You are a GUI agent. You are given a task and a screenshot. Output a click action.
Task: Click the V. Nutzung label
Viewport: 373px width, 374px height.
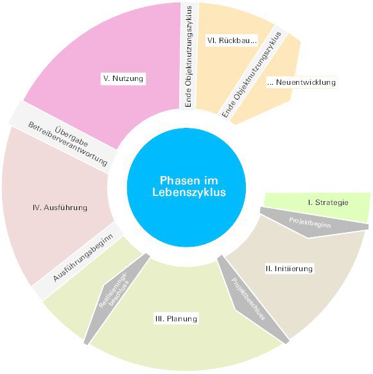123,78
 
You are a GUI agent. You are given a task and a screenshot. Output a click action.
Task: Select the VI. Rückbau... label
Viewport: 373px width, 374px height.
232,40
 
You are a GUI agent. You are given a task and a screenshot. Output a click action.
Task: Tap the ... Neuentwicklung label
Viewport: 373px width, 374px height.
302,82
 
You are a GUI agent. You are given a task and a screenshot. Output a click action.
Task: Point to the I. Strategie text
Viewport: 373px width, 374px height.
328,202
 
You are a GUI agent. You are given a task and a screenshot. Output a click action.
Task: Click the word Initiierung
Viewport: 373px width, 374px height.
293,269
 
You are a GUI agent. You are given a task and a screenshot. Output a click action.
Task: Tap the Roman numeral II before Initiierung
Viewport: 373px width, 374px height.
268,269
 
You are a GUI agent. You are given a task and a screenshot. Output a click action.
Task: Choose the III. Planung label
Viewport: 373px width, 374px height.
176,319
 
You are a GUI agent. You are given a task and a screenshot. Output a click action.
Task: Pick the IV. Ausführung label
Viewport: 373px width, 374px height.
60,208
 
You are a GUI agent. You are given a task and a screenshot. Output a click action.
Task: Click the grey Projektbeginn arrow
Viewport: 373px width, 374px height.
312,222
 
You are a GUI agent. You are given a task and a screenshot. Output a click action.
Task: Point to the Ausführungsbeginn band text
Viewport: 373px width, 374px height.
83,258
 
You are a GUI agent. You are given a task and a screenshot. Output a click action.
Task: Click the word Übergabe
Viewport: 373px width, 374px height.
71,136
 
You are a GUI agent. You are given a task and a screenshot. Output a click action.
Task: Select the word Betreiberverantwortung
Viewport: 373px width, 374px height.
67,144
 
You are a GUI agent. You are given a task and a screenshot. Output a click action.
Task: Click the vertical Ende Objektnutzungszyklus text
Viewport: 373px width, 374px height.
189,57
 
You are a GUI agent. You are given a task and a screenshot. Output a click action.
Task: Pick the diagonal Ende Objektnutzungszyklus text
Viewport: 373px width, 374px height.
252,75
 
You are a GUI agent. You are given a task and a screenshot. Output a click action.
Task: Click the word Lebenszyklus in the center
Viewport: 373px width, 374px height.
189,192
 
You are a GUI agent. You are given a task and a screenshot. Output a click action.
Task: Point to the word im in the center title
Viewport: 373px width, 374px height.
211,181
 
